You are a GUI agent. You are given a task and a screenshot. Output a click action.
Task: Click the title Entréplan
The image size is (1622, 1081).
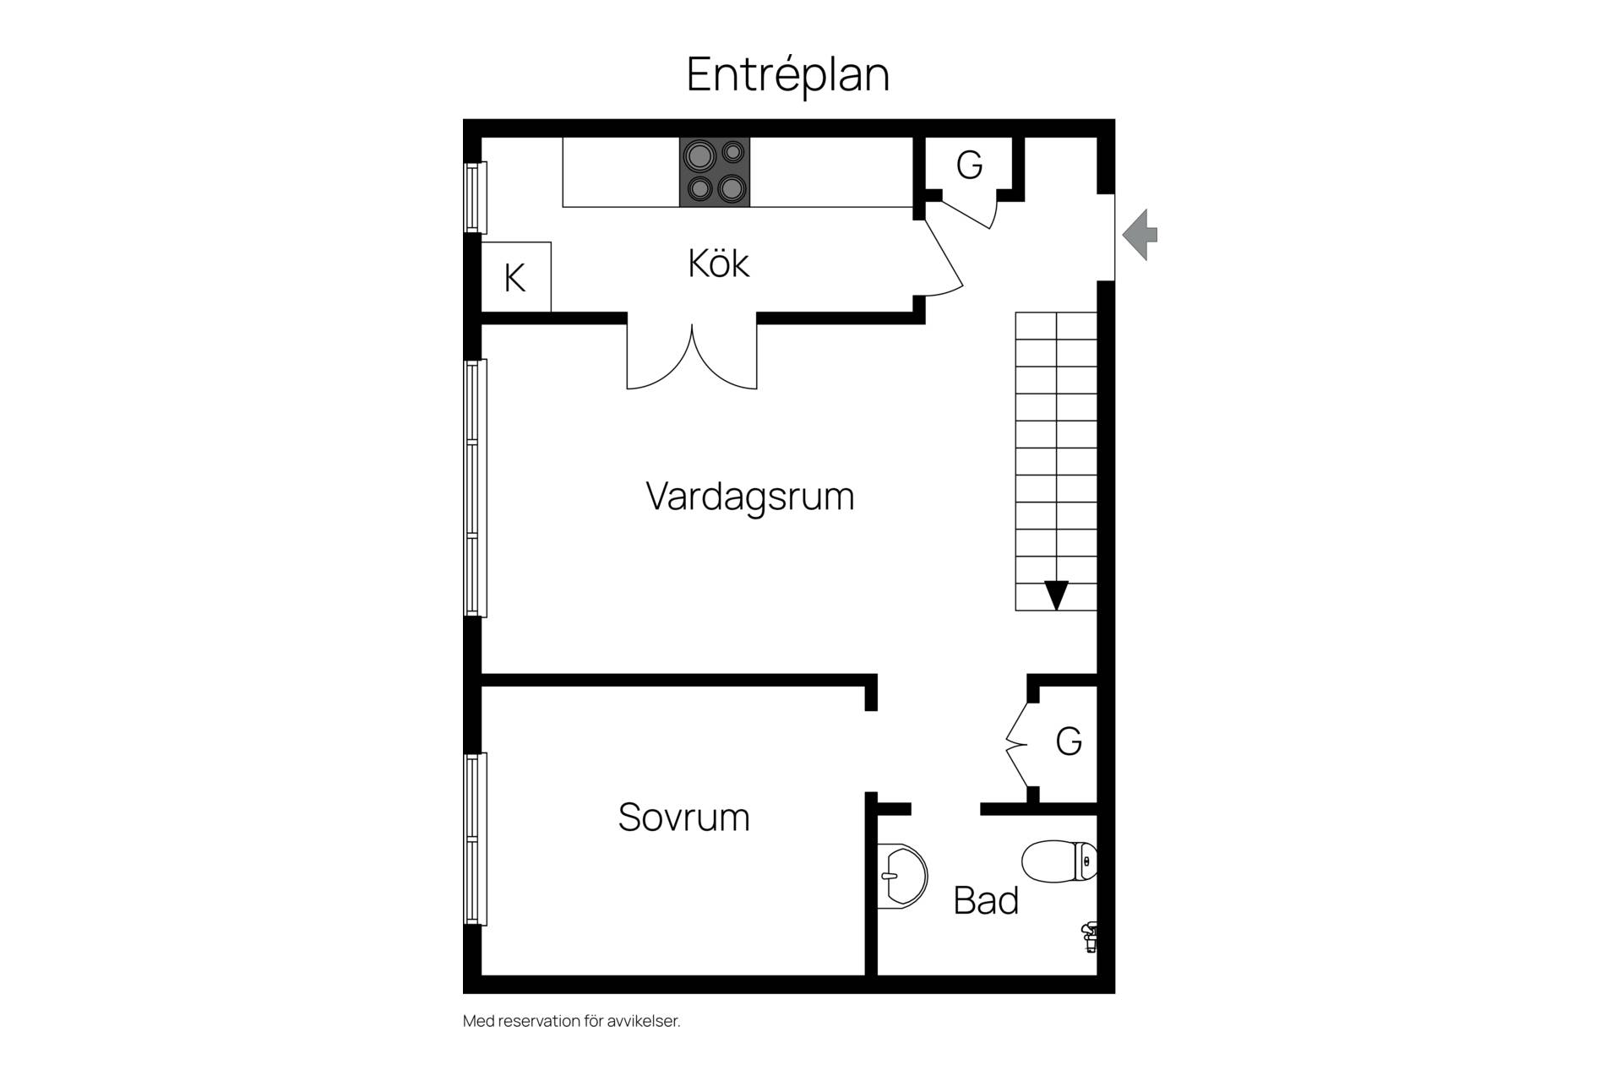point(788,74)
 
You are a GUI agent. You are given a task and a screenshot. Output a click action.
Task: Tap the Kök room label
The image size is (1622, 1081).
point(719,263)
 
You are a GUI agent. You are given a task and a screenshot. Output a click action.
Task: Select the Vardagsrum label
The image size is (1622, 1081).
point(750,497)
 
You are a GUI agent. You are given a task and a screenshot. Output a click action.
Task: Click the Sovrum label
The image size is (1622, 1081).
point(684,818)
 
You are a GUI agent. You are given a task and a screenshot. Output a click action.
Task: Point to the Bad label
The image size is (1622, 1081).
point(986,900)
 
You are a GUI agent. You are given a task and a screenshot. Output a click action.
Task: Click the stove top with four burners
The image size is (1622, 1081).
point(715,172)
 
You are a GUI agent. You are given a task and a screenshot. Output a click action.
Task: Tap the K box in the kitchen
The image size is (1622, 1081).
point(516,277)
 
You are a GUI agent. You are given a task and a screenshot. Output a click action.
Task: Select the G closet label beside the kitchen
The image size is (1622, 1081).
point(969,165)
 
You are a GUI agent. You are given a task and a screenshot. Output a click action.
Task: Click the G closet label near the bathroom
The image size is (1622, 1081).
point(1069,741)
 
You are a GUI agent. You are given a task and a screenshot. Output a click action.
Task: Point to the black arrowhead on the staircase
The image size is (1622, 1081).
point(1056,595)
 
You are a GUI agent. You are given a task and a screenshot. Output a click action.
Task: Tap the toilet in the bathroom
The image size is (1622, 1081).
point(1059,861)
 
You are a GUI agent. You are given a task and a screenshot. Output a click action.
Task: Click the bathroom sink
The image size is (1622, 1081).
point(902,876)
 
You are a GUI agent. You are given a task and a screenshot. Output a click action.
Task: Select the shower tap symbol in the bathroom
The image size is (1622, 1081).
point(1090,937)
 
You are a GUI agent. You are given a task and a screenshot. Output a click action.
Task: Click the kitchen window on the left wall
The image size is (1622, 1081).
point(476,198)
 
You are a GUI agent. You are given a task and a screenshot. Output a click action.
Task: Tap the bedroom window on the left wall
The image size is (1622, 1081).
point(476,839)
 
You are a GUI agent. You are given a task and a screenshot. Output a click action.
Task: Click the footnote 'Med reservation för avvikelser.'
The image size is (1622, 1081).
point(572,1021)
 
